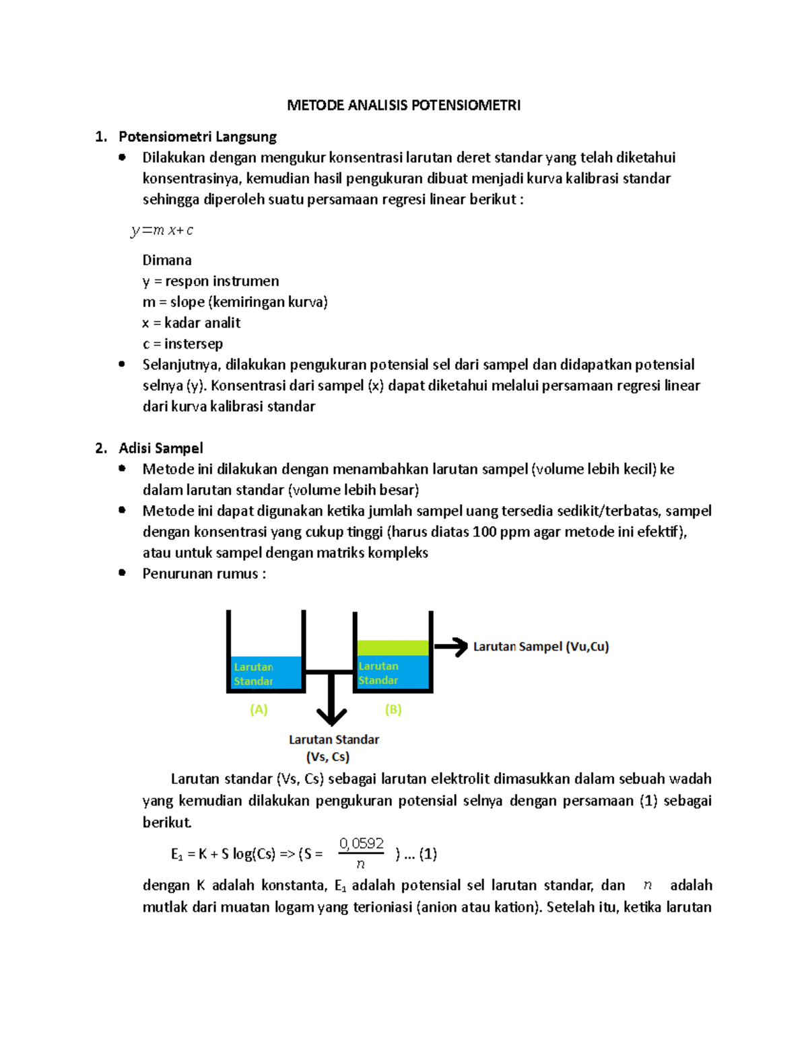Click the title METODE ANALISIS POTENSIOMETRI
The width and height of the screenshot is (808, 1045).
[403, 105]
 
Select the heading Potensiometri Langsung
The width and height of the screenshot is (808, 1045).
[197, 137]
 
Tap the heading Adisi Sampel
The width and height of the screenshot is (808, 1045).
[160, 448]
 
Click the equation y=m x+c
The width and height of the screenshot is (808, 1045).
[162, 230]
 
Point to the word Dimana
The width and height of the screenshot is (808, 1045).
[167, 260]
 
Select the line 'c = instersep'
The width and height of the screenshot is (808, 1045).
[182, 344]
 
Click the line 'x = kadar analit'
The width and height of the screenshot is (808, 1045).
[191, 323]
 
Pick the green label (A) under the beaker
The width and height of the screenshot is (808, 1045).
[259, 709]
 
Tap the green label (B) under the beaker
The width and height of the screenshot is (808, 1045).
[393, 709]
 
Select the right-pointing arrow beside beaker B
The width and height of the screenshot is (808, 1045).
[452, 647]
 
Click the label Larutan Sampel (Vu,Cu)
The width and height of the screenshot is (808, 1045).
[541, 647]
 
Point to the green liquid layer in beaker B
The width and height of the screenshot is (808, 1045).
[393, 647]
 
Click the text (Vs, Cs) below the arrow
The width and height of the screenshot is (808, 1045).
[328, 756]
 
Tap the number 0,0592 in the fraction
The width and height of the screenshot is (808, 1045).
[362, 843]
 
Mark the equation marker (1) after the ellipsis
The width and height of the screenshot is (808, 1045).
[428, 854]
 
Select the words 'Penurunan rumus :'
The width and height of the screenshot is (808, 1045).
[204, 573]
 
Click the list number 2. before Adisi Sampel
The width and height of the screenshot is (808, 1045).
[101, 448]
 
